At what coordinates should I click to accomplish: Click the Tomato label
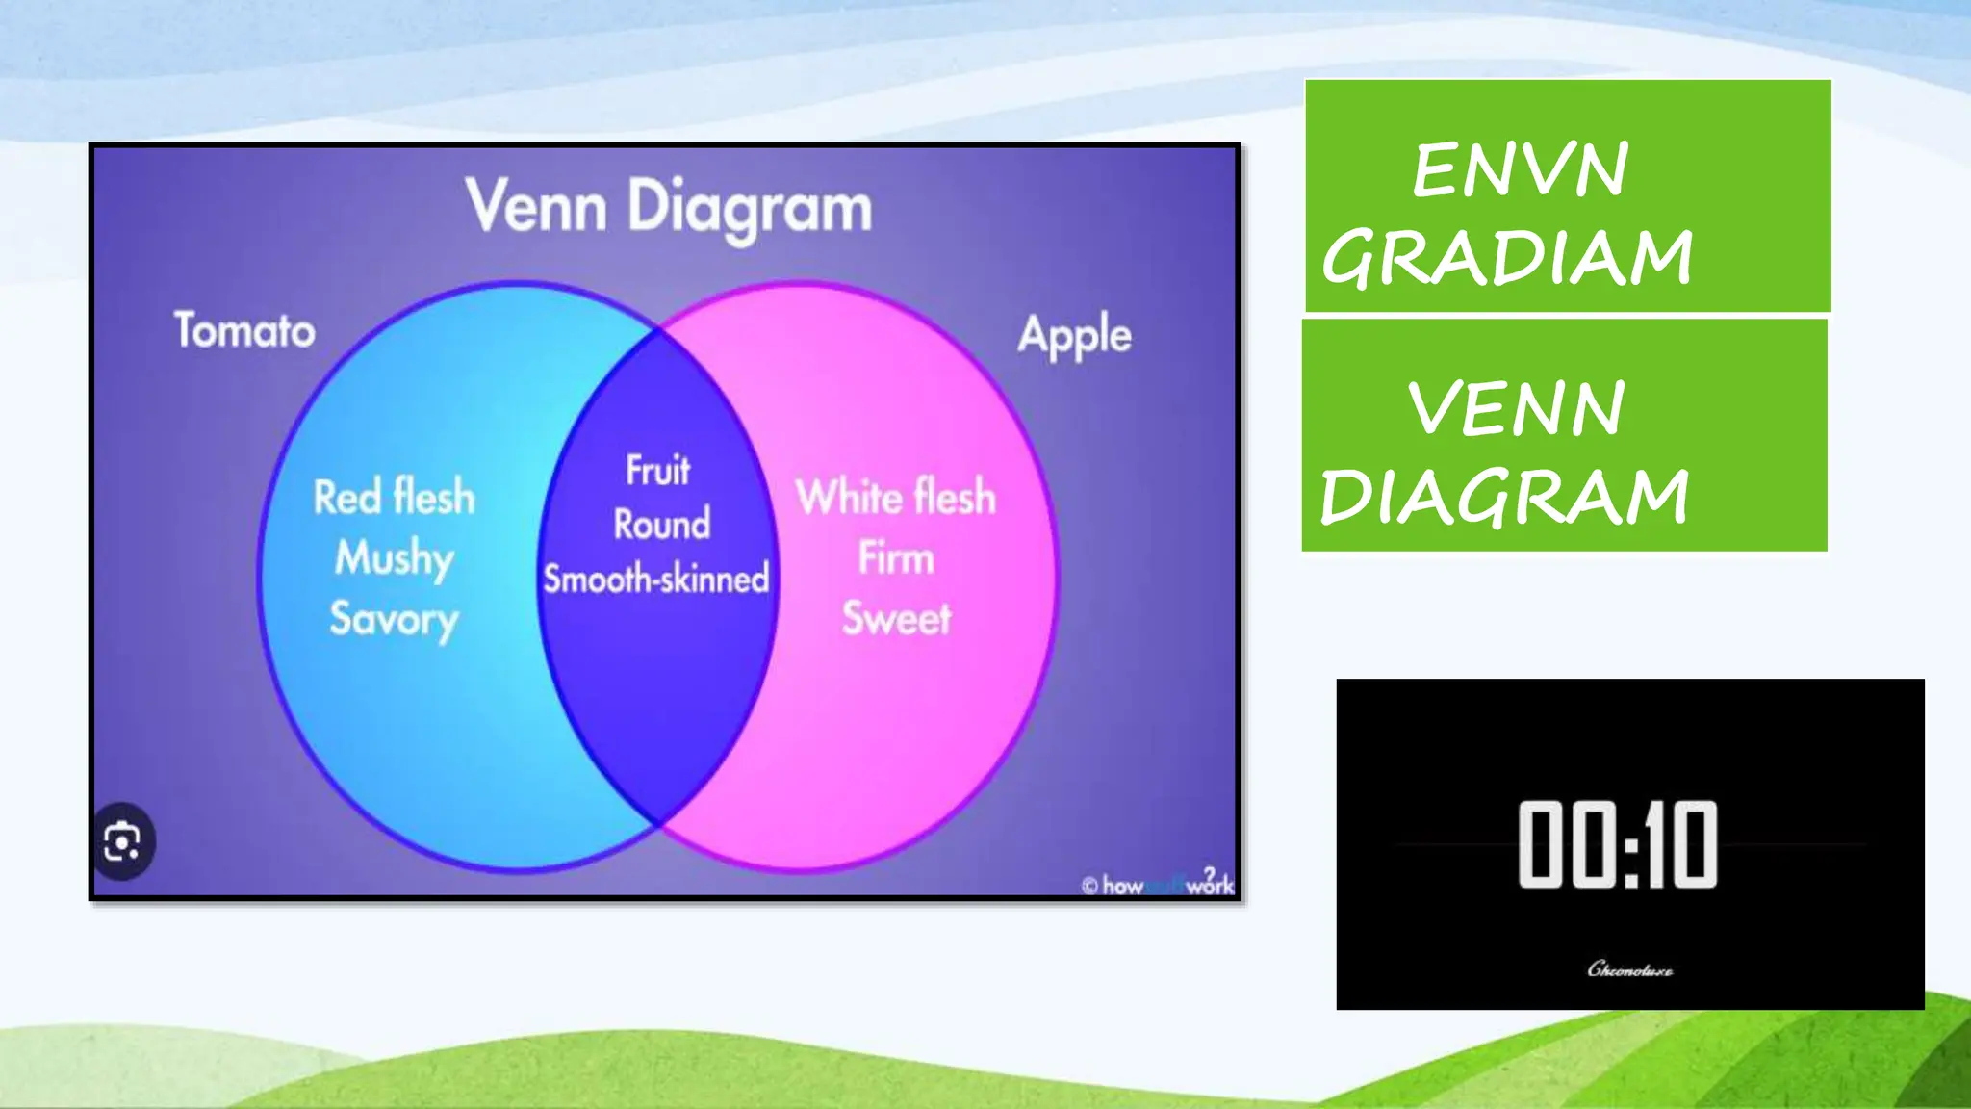coord(244,330)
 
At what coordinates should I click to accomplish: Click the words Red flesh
coord(395,497)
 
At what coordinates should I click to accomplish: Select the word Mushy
coord(395,558)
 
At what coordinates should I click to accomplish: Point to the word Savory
coord(395,619)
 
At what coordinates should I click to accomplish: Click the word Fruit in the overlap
coord(658,471)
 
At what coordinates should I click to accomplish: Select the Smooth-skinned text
coord(656,579)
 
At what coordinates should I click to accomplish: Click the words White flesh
coord(895,497)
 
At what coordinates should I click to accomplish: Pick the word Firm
coord(896,558)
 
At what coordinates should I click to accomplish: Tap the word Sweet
coord(896,618)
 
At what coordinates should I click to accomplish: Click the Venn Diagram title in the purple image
coord(669,207)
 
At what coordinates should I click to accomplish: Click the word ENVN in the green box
coord(1521,170)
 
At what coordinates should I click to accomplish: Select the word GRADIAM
coord(1508,257)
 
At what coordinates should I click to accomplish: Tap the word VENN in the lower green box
coord(1517,409)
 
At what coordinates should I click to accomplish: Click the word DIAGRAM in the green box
coord(1504,497)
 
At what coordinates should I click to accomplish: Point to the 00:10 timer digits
coord(1618,844)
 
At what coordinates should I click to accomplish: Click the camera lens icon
coord(122,842)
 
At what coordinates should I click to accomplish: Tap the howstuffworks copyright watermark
coord(1157,884)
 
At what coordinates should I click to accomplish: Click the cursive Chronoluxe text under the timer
coord(1629,969)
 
